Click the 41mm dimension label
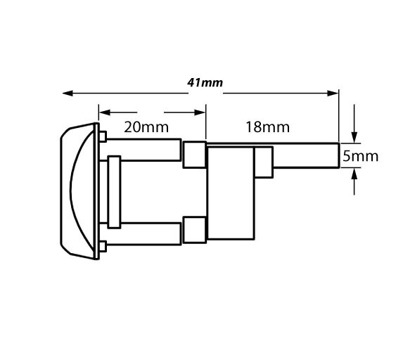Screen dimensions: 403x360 pyautogui.click(x=205, y=83)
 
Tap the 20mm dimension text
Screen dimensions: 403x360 pyautogui.click(x=146, y=127)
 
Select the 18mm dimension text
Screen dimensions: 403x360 pyautogui.click(x=267, y=127)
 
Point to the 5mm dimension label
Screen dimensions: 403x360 pyautogui.click(x=360, y=156)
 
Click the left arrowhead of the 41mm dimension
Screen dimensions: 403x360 pyautogui.click(x=68, y=93)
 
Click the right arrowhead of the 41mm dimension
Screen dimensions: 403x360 pyautogui.click(x=333, y=93)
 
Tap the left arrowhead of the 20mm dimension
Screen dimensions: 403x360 pyautogui.click(x=105, y=112)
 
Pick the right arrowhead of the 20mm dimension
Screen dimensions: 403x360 pyautogui.click(x=200, y=112)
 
